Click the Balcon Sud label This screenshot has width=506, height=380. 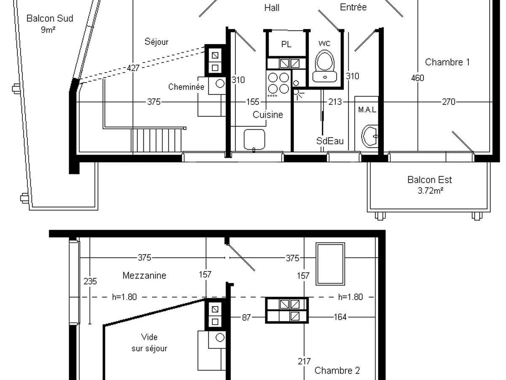click(50, 19)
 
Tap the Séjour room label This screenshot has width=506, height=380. click(156, 42)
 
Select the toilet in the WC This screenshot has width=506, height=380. click(325, 66)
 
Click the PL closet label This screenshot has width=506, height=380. click(286, 44)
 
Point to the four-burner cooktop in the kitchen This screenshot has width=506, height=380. click(278, 84)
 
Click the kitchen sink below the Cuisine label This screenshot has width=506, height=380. click(254, 140)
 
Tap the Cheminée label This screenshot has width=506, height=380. click(186, 87)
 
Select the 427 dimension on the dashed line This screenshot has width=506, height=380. click(133, 68)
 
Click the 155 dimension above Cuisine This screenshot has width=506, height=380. click(253, 102)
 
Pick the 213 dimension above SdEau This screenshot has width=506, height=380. click(335, 102)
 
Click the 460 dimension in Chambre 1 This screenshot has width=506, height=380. click(417, 78)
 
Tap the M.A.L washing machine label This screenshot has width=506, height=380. click(367, 110)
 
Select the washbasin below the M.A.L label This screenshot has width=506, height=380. click(370, 136)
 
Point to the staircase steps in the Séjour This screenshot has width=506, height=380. click(156, 140)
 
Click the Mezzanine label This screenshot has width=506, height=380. click(144, 275)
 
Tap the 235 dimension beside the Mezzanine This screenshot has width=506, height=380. click(90, 281)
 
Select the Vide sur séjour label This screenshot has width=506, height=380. click(149, 342)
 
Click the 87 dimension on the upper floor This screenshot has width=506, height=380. click(246, 318)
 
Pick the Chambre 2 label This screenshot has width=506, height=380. click(337, 370)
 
